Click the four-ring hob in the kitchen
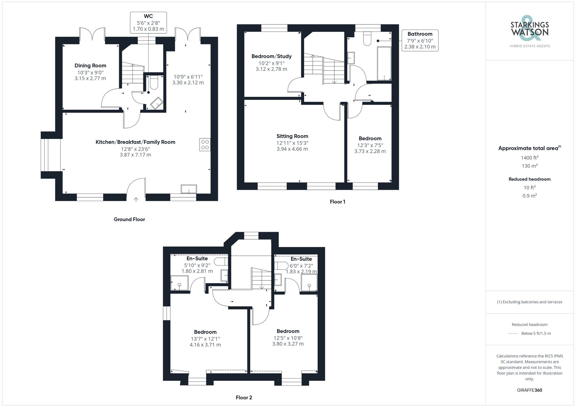(205, 145)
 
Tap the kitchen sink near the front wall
(189, 189)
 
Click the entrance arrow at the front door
(136, 199)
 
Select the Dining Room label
(90, 66)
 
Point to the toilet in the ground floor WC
(154, 82)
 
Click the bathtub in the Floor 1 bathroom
(384, 64)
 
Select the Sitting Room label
(292, 136)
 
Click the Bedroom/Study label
(271, 56)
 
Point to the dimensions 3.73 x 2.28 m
(370, 151)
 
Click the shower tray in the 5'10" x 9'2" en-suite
(179, 283)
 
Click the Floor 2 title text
(244, 398)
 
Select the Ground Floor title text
(129, 219)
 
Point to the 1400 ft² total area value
(529, 158)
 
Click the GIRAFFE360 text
(529, 390)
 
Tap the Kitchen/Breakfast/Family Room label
(135, 142)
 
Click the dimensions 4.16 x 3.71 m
(205, 345)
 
